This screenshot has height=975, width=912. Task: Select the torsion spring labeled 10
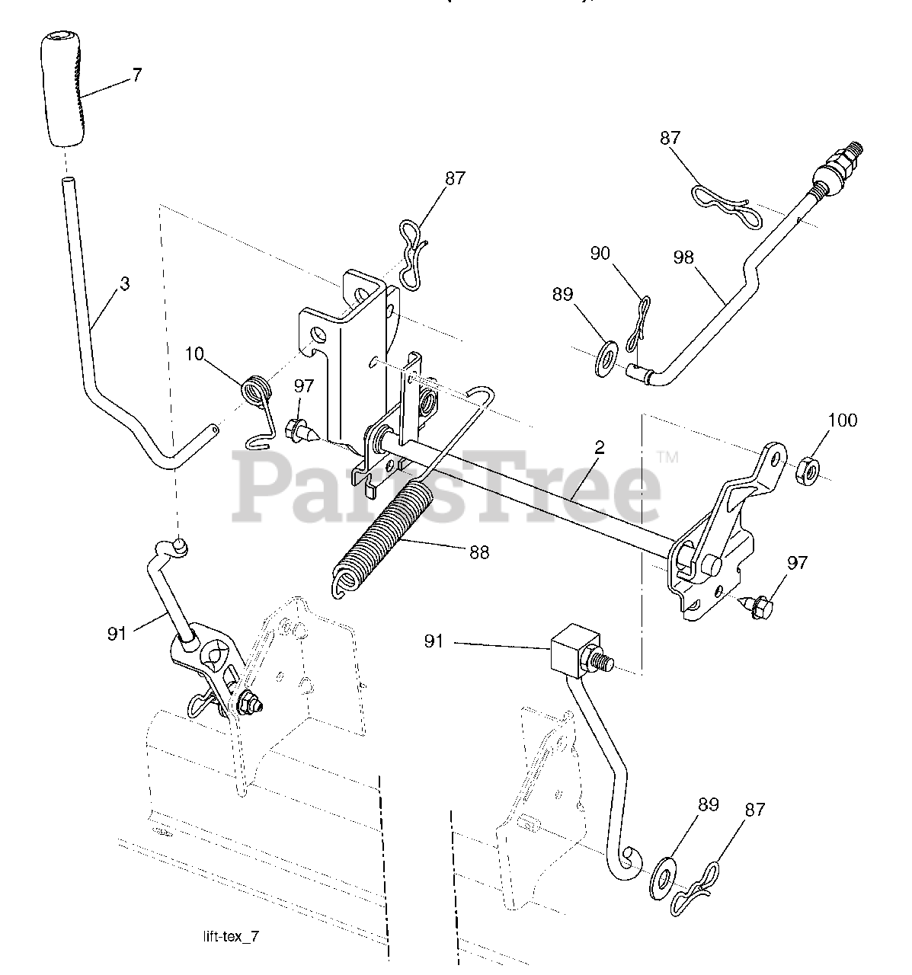[256, 392]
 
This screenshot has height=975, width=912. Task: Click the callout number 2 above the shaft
[600, 448]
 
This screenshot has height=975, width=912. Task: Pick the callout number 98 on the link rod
[683, 257]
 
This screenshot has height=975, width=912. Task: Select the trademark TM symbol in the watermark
[667, 458]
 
